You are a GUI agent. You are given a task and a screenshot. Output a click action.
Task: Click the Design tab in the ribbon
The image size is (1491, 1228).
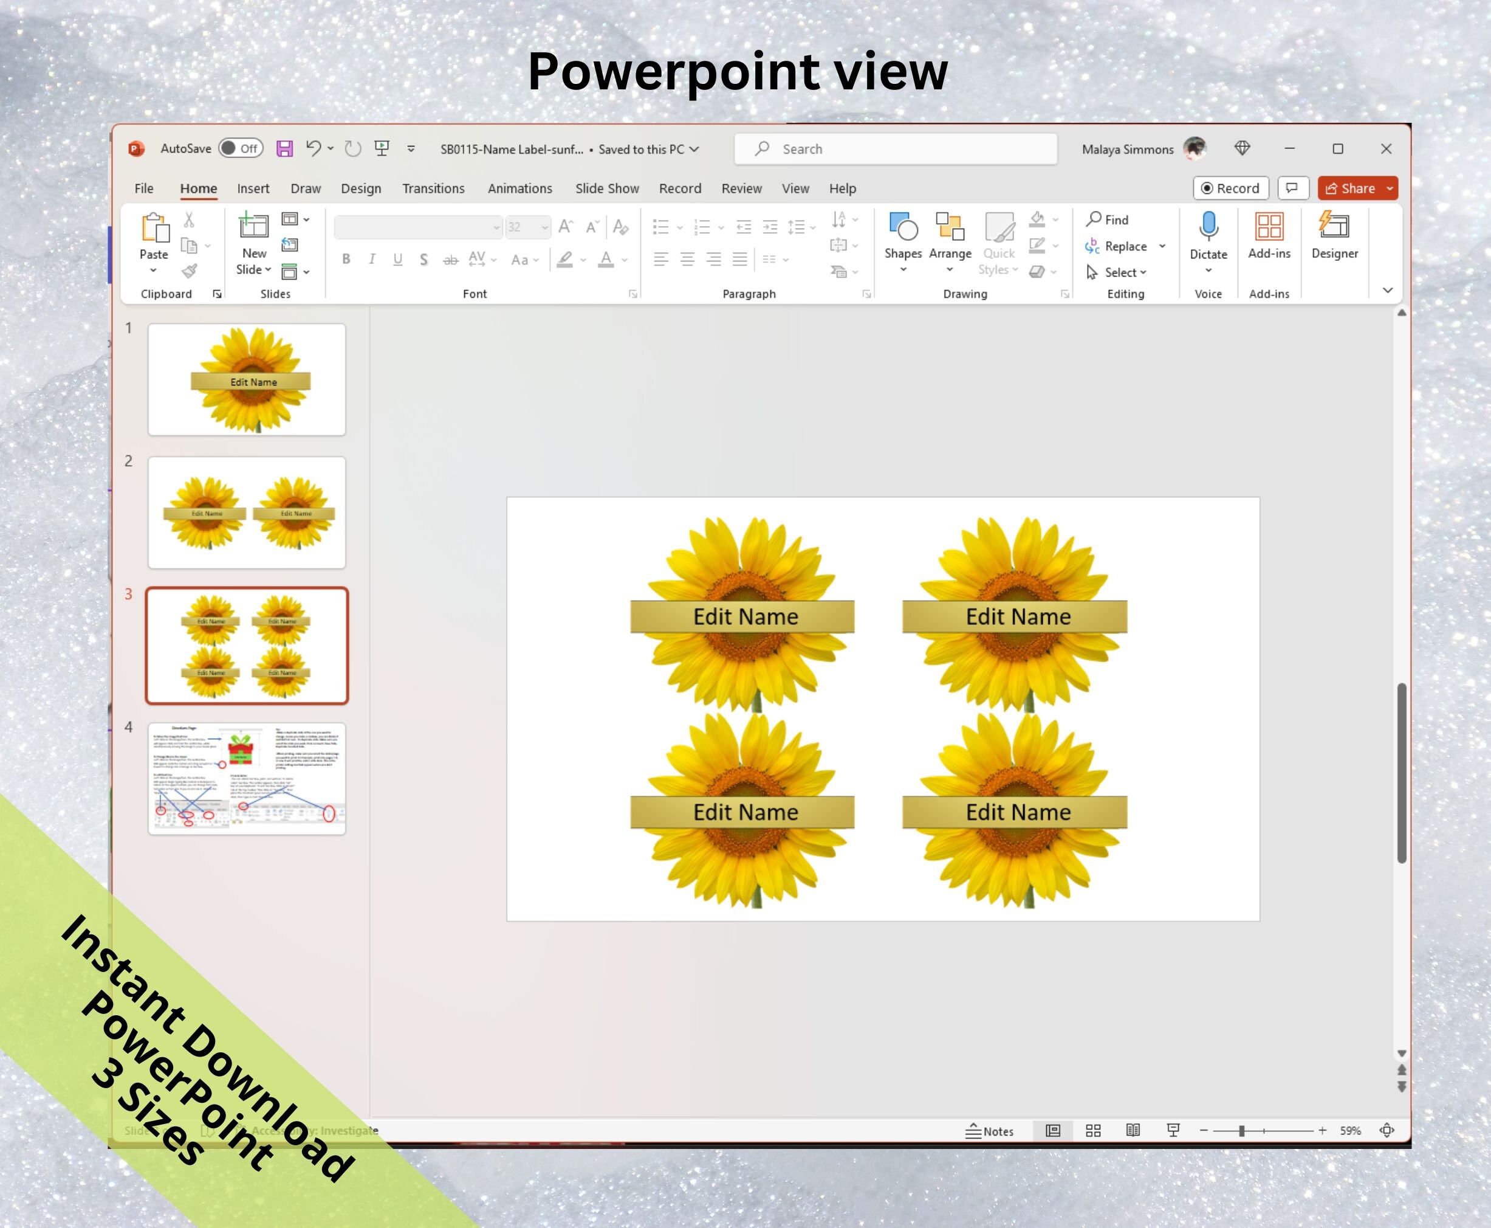coord(360,189)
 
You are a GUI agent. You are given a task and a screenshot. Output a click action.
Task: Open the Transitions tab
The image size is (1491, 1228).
coord(433,189)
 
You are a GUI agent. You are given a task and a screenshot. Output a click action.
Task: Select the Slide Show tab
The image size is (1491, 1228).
coord(606,189)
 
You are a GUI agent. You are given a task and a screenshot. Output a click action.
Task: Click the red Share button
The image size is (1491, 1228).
coord(1350,189)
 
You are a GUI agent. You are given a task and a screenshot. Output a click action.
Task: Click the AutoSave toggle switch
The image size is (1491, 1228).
coord(241,148)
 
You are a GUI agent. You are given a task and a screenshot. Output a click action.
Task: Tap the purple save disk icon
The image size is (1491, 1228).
coord(284,148)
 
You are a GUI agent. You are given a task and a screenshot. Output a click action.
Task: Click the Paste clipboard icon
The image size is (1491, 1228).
coord(154,228)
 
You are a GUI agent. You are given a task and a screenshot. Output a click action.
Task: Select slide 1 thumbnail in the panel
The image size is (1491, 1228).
coord(247,380)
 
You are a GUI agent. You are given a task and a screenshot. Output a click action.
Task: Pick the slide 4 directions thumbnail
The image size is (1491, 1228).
coord(247,778)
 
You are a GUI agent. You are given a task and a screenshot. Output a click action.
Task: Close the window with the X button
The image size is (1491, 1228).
coord(1386,148)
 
